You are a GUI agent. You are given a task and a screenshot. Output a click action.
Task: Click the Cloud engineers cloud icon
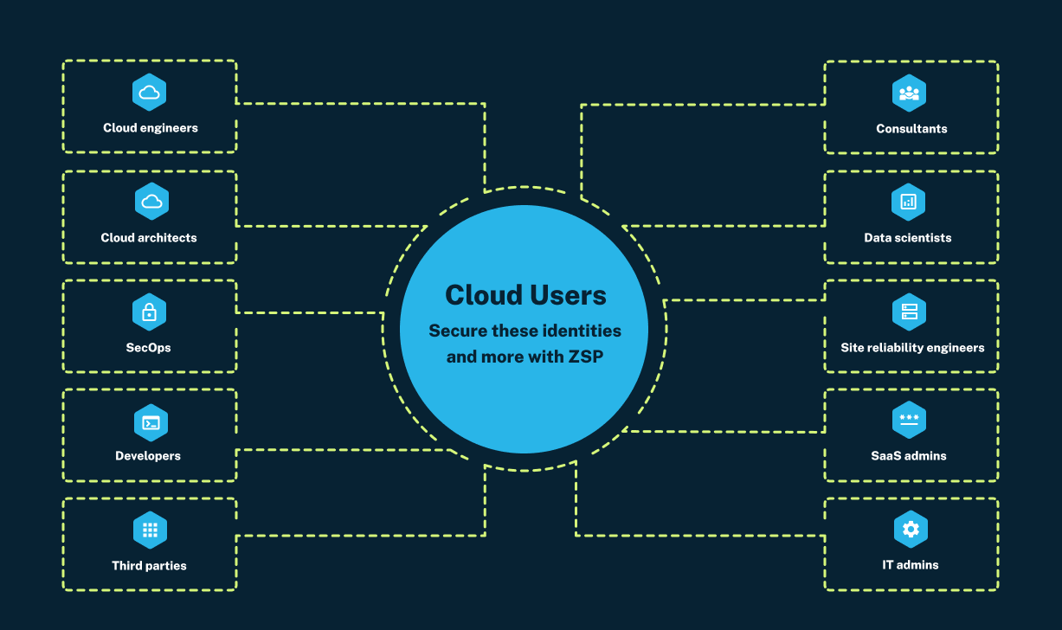[150, 93]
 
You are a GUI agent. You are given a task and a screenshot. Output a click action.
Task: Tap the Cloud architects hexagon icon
[151, 202]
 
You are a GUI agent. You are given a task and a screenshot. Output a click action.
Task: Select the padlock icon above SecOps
[149, 312]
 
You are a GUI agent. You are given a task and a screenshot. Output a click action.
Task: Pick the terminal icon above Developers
[151, 422]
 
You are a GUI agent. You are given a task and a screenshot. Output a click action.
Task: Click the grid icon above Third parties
[150, 530]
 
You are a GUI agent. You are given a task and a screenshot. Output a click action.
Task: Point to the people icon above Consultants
[909, 93]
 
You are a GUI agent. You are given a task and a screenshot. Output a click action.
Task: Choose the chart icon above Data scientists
[908, 202]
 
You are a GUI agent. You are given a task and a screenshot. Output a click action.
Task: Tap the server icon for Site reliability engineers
[909, 312]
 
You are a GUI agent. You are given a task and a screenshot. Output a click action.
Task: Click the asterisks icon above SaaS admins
[909, 421]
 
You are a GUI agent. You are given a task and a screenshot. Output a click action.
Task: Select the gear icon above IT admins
[910, 530]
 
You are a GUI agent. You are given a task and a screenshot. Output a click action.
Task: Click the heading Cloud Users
[525, 295]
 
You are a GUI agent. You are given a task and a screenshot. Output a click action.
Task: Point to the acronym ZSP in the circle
[583, 357]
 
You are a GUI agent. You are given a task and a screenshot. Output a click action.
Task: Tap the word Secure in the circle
[458, 331]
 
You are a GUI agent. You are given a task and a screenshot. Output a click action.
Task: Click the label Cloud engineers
[151, 128]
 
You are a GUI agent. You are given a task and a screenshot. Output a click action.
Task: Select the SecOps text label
[149, 348]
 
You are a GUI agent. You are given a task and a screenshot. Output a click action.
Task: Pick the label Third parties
[149, 566]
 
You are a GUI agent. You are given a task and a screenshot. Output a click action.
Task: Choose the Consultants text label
[911, 129]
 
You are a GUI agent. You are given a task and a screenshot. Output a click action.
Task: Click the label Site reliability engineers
[912, 348]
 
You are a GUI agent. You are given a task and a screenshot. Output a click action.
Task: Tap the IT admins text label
[910, 565]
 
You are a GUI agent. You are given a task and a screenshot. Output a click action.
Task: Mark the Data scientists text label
[907, 238]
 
